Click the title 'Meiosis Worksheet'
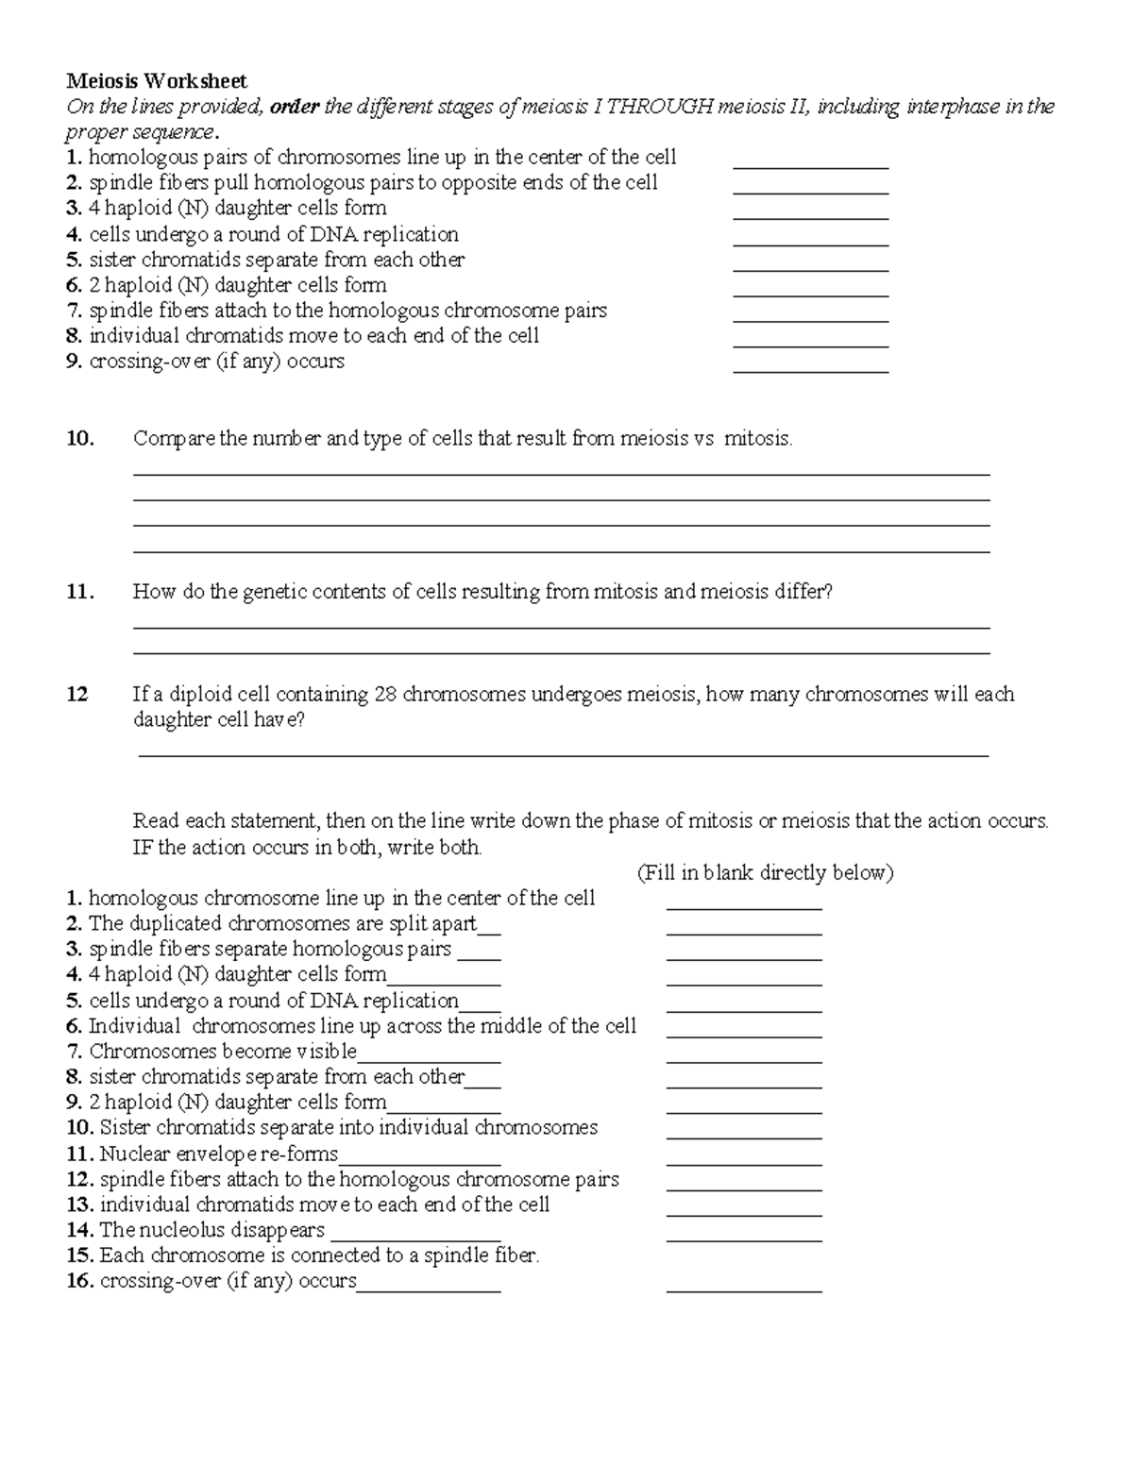156,82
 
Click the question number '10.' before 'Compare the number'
80,439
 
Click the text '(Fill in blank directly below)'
765,872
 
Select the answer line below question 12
563,753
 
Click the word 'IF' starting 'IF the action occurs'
143,848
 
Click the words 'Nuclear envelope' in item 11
178,1154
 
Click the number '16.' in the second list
80,1281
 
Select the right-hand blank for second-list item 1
744,906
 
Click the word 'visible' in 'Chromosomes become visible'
327,1052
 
